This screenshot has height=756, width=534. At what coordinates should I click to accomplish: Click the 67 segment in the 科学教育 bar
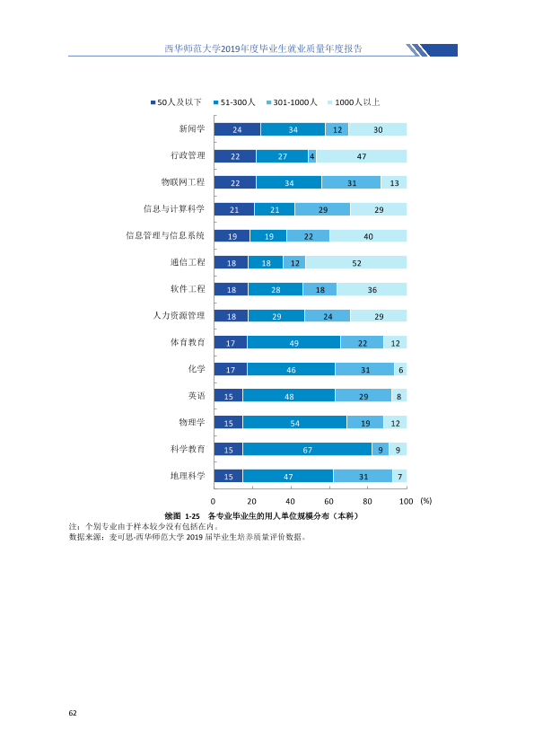pyautogui.click(x=308, y=449)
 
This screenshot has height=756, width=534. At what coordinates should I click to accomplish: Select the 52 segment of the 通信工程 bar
pyautogui.click(x=356, y=262)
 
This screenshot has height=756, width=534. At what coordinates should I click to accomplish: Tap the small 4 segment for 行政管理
pyautogui.click(x=311, y=155)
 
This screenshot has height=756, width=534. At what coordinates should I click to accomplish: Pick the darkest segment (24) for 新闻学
pyautogui.click(x=237, y=129)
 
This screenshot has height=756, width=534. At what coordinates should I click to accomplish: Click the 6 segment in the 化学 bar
pyautogui.click(x=400, y=369)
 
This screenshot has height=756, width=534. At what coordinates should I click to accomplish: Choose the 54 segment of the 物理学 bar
pyautogui.click(x=295, y=422)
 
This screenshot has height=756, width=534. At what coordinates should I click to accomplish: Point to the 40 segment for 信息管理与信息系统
pyautogui.click(x=368, y=236)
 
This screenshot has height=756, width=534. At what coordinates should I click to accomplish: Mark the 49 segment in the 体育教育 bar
pyautogui.click(x=294, y=342)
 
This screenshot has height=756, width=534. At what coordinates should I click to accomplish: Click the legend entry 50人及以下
pyautogui.click(x=176, y=102)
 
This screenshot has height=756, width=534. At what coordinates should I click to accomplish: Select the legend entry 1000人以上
pyautogui.click(x=354, y=102)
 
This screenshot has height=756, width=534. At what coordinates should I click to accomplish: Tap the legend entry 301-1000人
pyautogui.click(x=292, y=102)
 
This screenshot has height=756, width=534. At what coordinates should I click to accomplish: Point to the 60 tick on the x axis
pyautogui.click(x=328, y=501)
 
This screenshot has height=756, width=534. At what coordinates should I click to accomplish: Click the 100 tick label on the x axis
pyautogui.click(x=407, y=501)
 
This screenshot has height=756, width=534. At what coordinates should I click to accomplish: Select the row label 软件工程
pyautogui.click(x=188, y=289)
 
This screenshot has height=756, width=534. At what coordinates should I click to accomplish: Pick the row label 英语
pyautogui.click(x=197, y=396)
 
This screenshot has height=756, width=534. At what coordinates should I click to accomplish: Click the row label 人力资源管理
pyautogui.click(x=179, y=316)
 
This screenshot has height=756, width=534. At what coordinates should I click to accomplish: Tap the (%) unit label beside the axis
pyautogui.click(x=426, y=501)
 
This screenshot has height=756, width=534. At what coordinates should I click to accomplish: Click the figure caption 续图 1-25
pyautogui.click(x=181, y=516)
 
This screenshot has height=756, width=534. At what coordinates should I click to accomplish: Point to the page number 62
pyautogui.click(x=73, y=713)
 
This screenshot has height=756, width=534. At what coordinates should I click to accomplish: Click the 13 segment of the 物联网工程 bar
pyautogui.click(x=394, y=182)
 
